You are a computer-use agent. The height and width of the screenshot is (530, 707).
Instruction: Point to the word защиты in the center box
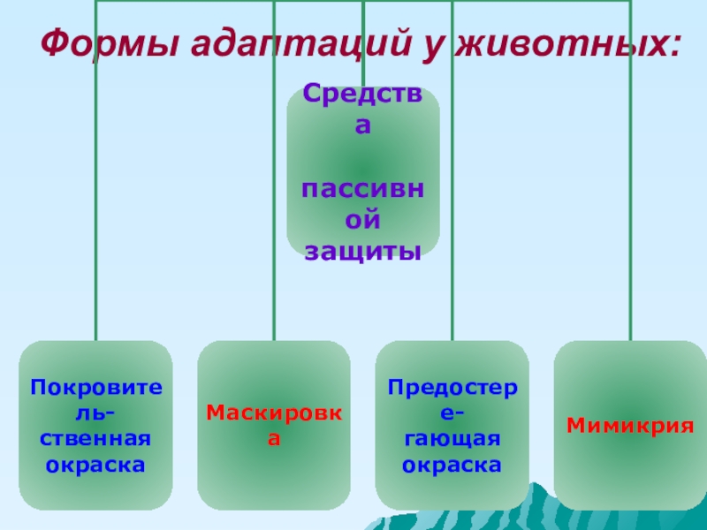362,252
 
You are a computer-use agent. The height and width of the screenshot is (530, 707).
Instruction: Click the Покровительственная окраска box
95,425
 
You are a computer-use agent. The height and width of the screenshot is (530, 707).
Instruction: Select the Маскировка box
274,425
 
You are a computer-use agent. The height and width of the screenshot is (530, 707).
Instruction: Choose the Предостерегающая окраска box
452,425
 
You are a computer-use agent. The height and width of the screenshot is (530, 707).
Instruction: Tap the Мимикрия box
630,425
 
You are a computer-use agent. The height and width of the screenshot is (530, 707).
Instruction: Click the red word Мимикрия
630,425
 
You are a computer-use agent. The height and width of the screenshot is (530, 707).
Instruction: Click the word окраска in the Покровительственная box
95,464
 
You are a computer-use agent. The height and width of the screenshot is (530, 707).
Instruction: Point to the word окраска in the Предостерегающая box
452,464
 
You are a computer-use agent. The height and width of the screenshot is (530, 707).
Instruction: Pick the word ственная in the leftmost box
95,438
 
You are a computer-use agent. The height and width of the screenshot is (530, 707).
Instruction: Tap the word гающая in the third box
452,438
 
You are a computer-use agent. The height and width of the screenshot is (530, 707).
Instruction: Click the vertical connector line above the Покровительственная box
95,221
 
